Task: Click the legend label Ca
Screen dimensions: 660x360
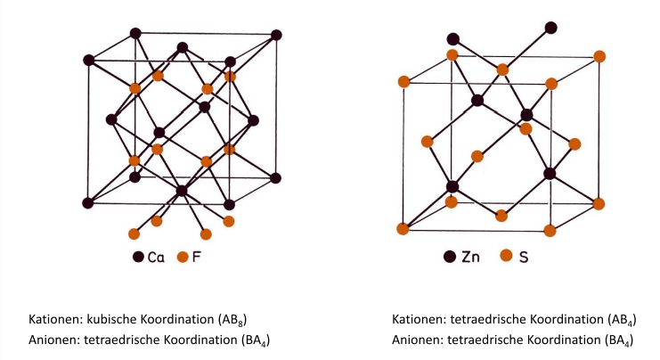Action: tap(157, 258)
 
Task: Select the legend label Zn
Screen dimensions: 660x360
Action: tap(472, 258)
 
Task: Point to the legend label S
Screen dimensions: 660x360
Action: tap(524, 258)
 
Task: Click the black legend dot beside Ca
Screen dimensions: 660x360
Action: tap(138, 258)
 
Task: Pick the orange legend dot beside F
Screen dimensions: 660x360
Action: tap(182, 258)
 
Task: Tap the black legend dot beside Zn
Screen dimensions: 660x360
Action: tap(451, 258)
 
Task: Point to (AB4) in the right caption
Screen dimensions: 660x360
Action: tap(619, 320)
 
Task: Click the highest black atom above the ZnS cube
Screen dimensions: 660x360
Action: tap(551, 28)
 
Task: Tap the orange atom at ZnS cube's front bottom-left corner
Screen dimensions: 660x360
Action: tap(403, 229)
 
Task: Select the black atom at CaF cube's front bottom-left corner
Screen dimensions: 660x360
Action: tap(88, 203)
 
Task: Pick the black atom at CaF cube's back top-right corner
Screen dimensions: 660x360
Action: tap(276, 35)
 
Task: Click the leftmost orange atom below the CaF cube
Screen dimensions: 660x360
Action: tap(134, 234)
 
